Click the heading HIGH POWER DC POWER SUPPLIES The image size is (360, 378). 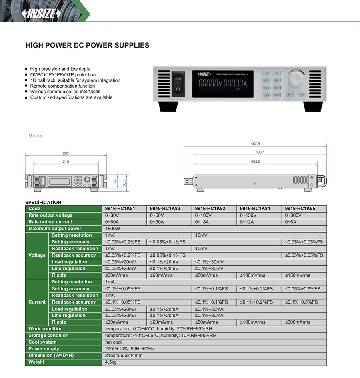point(87,46)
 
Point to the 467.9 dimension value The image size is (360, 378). point(255,143)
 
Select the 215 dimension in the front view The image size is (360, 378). point(66,161)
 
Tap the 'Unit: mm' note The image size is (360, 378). point(36,135)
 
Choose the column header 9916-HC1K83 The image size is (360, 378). point(210,209)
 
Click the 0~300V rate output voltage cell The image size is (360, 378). point(293,215)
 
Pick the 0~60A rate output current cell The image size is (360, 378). point(112,222)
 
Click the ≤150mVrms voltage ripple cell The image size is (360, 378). point(298,275)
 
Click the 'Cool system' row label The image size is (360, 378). point(42,342)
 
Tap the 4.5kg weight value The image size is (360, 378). point(111,362)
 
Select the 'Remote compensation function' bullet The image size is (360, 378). point(62,86)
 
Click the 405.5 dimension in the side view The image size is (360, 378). point(255,161)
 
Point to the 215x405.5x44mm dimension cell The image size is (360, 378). point(124,355)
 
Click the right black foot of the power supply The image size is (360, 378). point(313,107)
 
